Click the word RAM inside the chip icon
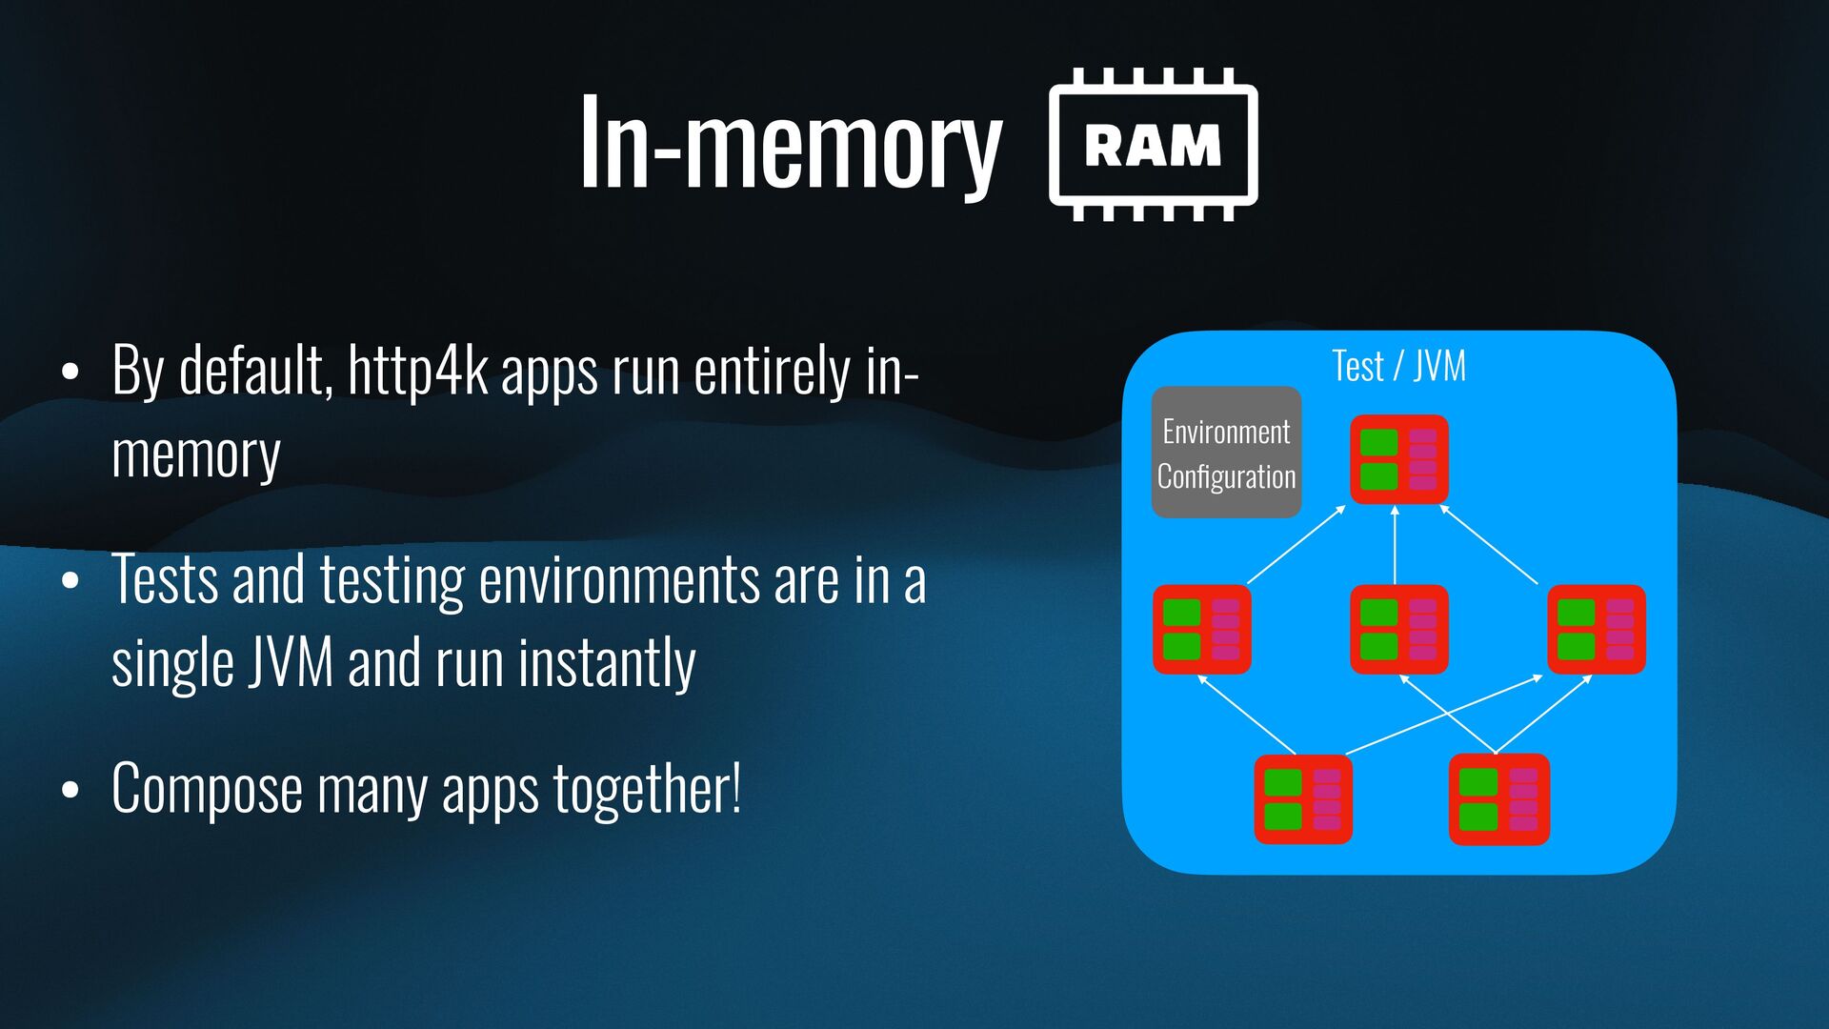(x=1153, y=146)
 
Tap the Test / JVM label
(x=1398, y=366)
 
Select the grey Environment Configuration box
(x=1226, y=453)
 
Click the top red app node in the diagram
(x=1398, y=459)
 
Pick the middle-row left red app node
(x=1201, y=629)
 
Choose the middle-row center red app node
(x=1398, y=629)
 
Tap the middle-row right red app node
(x=1596, y=629)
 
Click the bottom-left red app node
(x=1302, y=798)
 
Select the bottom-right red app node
(x=1498, y=798)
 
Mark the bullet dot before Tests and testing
(x=70, y=581)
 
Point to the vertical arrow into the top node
(x=1395, y=544)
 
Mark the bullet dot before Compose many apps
(x=70, y=791)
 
